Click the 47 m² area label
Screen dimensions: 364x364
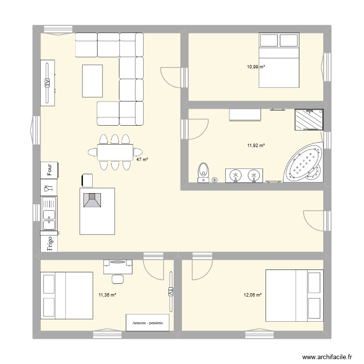(142, 159)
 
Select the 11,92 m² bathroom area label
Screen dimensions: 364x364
(256, 145)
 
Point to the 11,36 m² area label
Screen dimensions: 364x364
(107, 295)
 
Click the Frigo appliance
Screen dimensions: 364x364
(49, 242)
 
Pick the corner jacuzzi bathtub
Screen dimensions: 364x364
(304, 164)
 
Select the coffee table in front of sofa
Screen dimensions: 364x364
(93, 81)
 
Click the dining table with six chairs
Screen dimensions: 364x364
(115, 152)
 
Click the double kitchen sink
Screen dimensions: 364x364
(49, 213)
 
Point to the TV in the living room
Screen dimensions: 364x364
(48, 83)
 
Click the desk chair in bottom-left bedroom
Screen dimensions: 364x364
(117, 279)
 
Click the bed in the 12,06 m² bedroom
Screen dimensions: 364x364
(294, 296)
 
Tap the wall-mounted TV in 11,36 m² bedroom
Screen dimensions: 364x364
(170, 291)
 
